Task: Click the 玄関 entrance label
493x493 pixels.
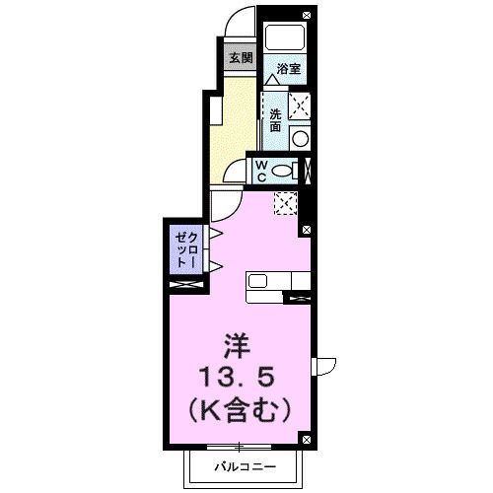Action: (x=241, y=57)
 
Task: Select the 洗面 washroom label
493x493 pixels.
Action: (x=275, y=119)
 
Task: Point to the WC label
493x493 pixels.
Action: (x=263, y=170)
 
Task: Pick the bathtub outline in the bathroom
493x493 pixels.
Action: (x=286, y=40)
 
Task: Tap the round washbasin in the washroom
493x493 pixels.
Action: (x=299, y=137)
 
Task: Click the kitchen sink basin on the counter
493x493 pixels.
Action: (x=258, y=282)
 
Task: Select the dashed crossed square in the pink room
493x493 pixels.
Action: (x=287, y=202)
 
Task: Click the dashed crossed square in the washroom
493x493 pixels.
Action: (x=299, y=106)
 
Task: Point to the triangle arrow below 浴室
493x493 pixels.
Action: (x=270, y=80)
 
